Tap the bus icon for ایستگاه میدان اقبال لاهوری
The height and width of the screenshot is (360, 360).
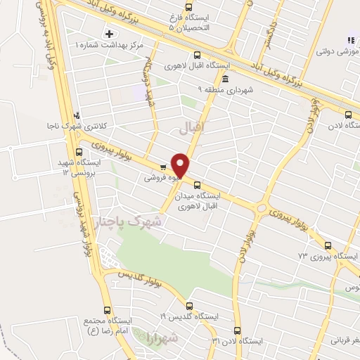[196, 184]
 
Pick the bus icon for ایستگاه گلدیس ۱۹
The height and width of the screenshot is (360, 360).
[189, 305]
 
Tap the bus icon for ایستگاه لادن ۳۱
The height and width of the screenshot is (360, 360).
[237, 330]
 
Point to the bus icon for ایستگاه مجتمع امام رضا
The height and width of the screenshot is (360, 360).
[108, 311]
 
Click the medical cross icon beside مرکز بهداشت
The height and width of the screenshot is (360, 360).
[109, 34]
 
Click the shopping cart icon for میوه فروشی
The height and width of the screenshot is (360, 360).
[162, 167]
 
